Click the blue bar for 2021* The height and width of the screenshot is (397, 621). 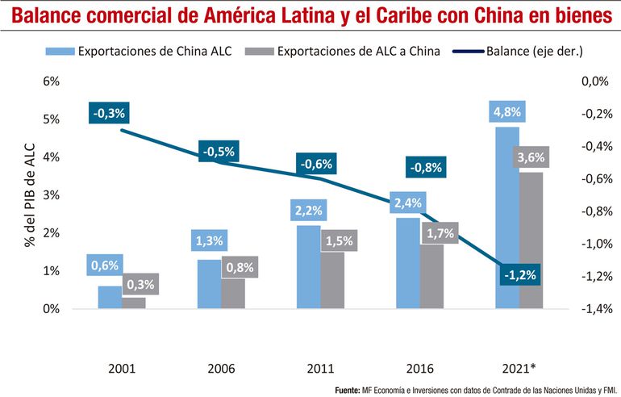tap(506, 218)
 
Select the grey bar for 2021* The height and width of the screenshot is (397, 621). tap(531, 242)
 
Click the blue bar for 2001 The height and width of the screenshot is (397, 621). tap(110, 297)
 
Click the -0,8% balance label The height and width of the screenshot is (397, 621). tap(425, 168)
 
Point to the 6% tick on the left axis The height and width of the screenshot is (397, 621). tap(51, 81)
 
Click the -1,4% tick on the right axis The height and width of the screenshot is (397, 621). tap(588, 309)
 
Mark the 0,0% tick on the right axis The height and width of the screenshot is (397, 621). tap(590, 81)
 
